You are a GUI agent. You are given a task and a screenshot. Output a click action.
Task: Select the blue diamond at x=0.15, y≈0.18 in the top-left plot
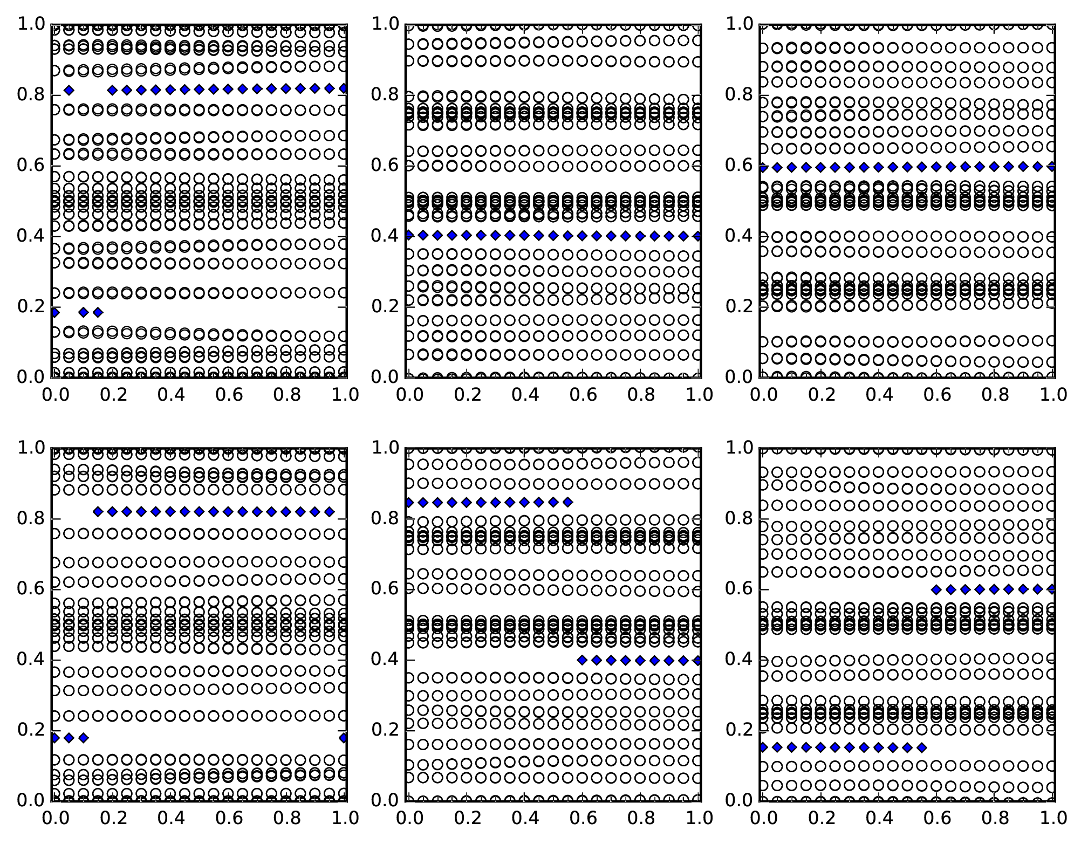click(x=98, y=312)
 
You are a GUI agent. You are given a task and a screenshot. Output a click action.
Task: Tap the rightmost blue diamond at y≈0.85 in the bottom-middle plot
click(x=567, y=503)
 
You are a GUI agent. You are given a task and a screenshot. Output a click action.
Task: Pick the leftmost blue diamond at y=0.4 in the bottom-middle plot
click(x=582, y=660)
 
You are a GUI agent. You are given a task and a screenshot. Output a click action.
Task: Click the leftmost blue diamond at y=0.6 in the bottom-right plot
click(x=936, y=589)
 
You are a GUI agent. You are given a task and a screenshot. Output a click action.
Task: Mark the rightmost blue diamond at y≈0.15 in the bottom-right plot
click(x=921, y=747)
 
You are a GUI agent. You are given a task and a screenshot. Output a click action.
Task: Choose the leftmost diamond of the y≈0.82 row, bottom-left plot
click(x=98, y=511)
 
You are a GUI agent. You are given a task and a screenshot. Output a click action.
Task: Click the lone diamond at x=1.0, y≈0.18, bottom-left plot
click(x=344, y=738)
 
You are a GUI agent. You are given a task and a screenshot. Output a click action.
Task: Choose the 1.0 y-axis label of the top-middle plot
click(x=384, y=24)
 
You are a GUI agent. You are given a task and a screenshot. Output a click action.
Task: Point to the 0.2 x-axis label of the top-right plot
click(x=819, y=395)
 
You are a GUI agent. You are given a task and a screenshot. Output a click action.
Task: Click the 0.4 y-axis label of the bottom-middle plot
click(x=384, y=660)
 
